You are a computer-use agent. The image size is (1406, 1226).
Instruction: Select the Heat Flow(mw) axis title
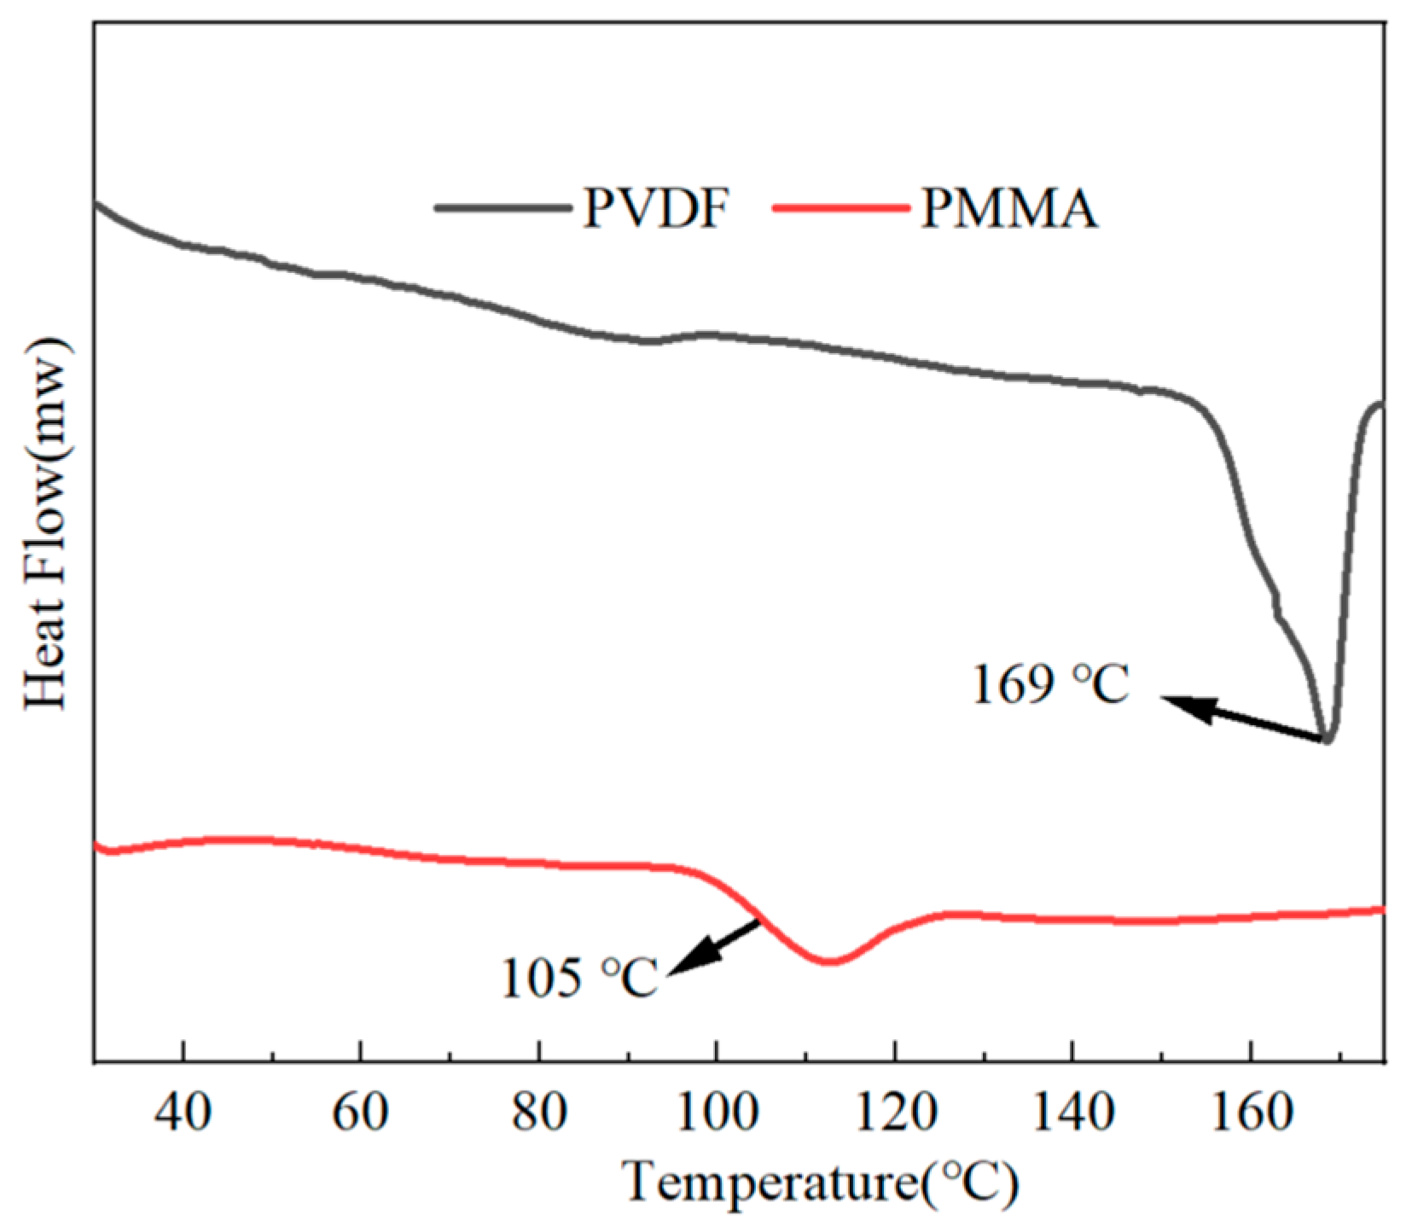tap(47, 521)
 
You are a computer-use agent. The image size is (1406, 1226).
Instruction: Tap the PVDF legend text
tap(657, 209)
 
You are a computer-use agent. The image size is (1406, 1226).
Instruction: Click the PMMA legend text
tap(1008, 209)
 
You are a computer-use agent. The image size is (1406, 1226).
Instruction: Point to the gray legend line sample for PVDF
tap(502, 207)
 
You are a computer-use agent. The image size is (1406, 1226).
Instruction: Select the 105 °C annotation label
tap(580, 979)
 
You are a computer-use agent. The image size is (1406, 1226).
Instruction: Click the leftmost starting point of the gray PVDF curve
tap(96, 203)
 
